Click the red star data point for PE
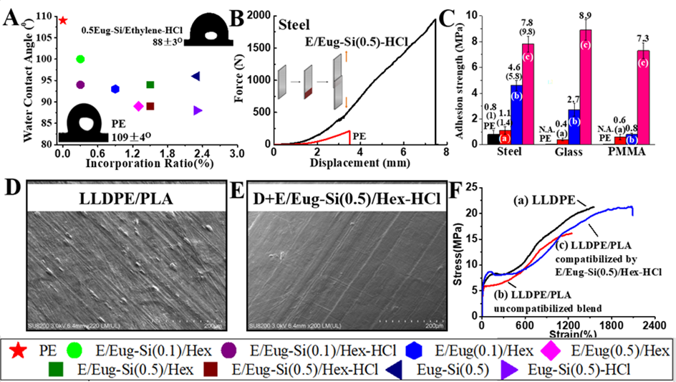click(x=63, y=20)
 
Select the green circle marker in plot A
click(x=80, y=59)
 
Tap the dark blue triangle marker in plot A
click(x=195, y=76)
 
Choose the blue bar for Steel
click(x=516, y=114)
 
